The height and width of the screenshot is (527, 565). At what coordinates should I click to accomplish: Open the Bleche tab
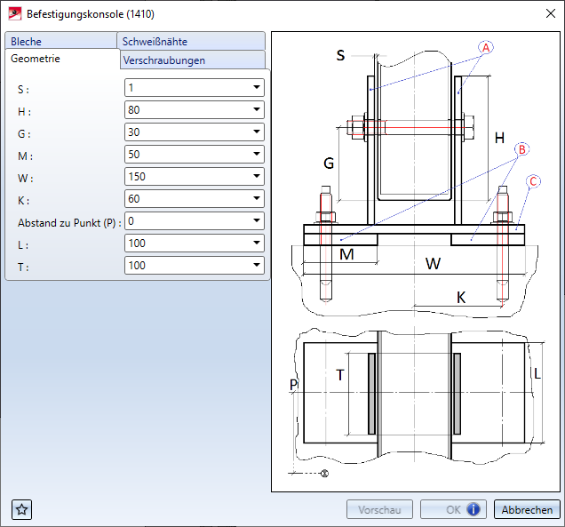(x=27, y=42)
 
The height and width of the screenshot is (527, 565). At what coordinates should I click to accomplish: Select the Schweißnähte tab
(x=155, y=42)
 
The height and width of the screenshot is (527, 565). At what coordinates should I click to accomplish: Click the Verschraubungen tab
(x=164, y=60)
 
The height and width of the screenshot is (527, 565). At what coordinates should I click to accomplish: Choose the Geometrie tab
(x=36, y=58)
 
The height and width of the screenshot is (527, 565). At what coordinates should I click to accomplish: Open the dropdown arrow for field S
(x=256, y=88)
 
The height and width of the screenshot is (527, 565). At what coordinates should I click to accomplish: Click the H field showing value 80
(x=187, y=110)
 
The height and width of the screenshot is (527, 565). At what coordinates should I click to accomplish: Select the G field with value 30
(x=187, y=132)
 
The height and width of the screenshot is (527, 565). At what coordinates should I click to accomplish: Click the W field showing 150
(x=187, y=177)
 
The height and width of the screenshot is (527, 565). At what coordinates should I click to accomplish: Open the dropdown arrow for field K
(x=256, y=199)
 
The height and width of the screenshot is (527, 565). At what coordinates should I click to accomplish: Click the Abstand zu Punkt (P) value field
(x=187, y=220)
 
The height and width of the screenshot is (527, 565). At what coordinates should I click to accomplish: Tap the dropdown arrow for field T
(x=256, y=266)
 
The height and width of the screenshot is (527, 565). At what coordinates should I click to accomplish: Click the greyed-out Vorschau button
(x=379, y=510)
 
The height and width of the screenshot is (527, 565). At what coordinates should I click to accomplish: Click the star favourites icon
(x=22, y=509)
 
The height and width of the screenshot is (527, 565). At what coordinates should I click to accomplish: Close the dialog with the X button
(x=546, y=13)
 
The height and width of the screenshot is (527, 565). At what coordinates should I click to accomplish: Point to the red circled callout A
(x=487, y=47)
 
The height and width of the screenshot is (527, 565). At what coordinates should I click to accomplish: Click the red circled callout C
(x=534, y=181)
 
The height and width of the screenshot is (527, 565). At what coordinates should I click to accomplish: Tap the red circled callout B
(x=522, y=148)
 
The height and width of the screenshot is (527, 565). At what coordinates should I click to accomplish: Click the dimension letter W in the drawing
(x=433, y=264)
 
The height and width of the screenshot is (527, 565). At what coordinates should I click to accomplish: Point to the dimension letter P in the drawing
(x=293, y=384)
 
